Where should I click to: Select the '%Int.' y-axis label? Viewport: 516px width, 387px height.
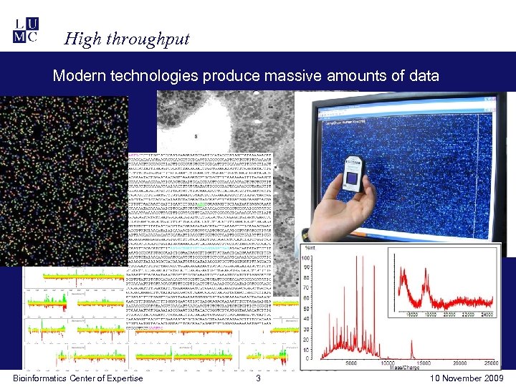point(310,248)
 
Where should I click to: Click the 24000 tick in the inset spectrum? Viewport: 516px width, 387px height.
point(487,314)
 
